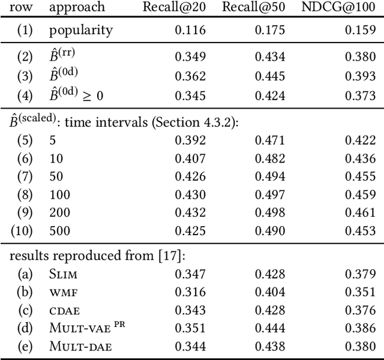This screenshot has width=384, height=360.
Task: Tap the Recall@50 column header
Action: (254, 8)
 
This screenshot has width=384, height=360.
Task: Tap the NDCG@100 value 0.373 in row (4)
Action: (360, 95)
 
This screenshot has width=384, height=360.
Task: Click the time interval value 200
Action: (59, 212)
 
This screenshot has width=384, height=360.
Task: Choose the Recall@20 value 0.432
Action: (190, 212)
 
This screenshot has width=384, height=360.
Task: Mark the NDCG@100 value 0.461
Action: (360, 212)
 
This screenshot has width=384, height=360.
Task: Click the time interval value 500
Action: (59, 230)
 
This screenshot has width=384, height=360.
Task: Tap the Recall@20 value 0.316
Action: (190, 293)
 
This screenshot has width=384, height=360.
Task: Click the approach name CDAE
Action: (64, 311)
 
